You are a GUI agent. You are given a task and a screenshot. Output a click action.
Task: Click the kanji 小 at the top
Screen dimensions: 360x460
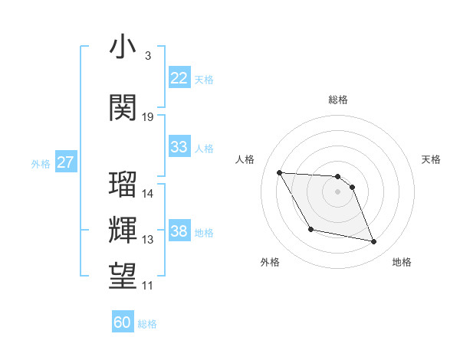click(x=123, y=48)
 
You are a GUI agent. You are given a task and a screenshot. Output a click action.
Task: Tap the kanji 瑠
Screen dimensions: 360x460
click(x=123, y=186)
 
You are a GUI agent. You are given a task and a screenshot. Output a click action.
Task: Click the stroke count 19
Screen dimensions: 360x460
click(x=148, y=117)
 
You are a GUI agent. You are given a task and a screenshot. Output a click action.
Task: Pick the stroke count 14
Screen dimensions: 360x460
click(x=148, y=194)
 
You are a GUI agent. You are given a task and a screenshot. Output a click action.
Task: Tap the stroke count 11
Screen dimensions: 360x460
click(x=148, y=286)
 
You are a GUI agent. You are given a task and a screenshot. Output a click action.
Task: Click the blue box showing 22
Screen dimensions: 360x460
click(x=179, y=77)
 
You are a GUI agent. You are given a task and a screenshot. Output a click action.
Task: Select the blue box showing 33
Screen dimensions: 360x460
click(x=179, y=146)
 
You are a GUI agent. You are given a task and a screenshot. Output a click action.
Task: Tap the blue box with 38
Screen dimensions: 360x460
click(x=179, y=231)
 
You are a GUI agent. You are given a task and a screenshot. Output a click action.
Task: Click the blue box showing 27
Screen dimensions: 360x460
click(x=66, y=162)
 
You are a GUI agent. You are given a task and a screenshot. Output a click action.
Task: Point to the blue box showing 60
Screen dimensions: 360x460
click(x=123, y=322)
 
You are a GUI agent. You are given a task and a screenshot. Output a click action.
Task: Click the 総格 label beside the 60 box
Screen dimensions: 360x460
click(x=148, y=324)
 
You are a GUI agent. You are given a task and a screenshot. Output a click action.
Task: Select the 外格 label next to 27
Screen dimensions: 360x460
click(x=41, y=163)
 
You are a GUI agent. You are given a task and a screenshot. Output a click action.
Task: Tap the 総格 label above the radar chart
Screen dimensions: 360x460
click(x=338, y=100)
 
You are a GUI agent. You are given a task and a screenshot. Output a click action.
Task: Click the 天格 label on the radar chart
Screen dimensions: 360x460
click(x=432, y=159)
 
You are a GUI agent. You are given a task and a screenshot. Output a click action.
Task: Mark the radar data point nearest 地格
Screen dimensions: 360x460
click(x=374, y=242)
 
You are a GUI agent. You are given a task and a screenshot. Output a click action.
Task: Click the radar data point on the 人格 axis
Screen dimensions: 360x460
click(x=279, y=172)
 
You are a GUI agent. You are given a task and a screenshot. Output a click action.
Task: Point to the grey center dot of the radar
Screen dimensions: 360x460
click(x=338, y=191)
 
